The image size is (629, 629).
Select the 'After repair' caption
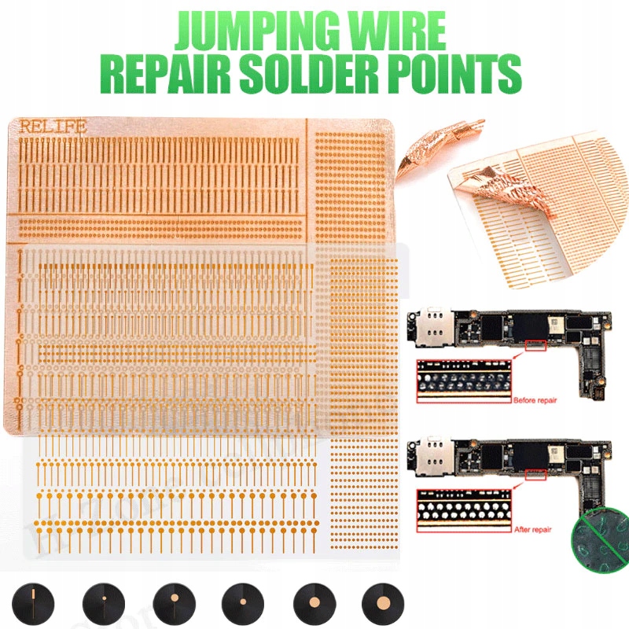[x=535, y=530]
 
